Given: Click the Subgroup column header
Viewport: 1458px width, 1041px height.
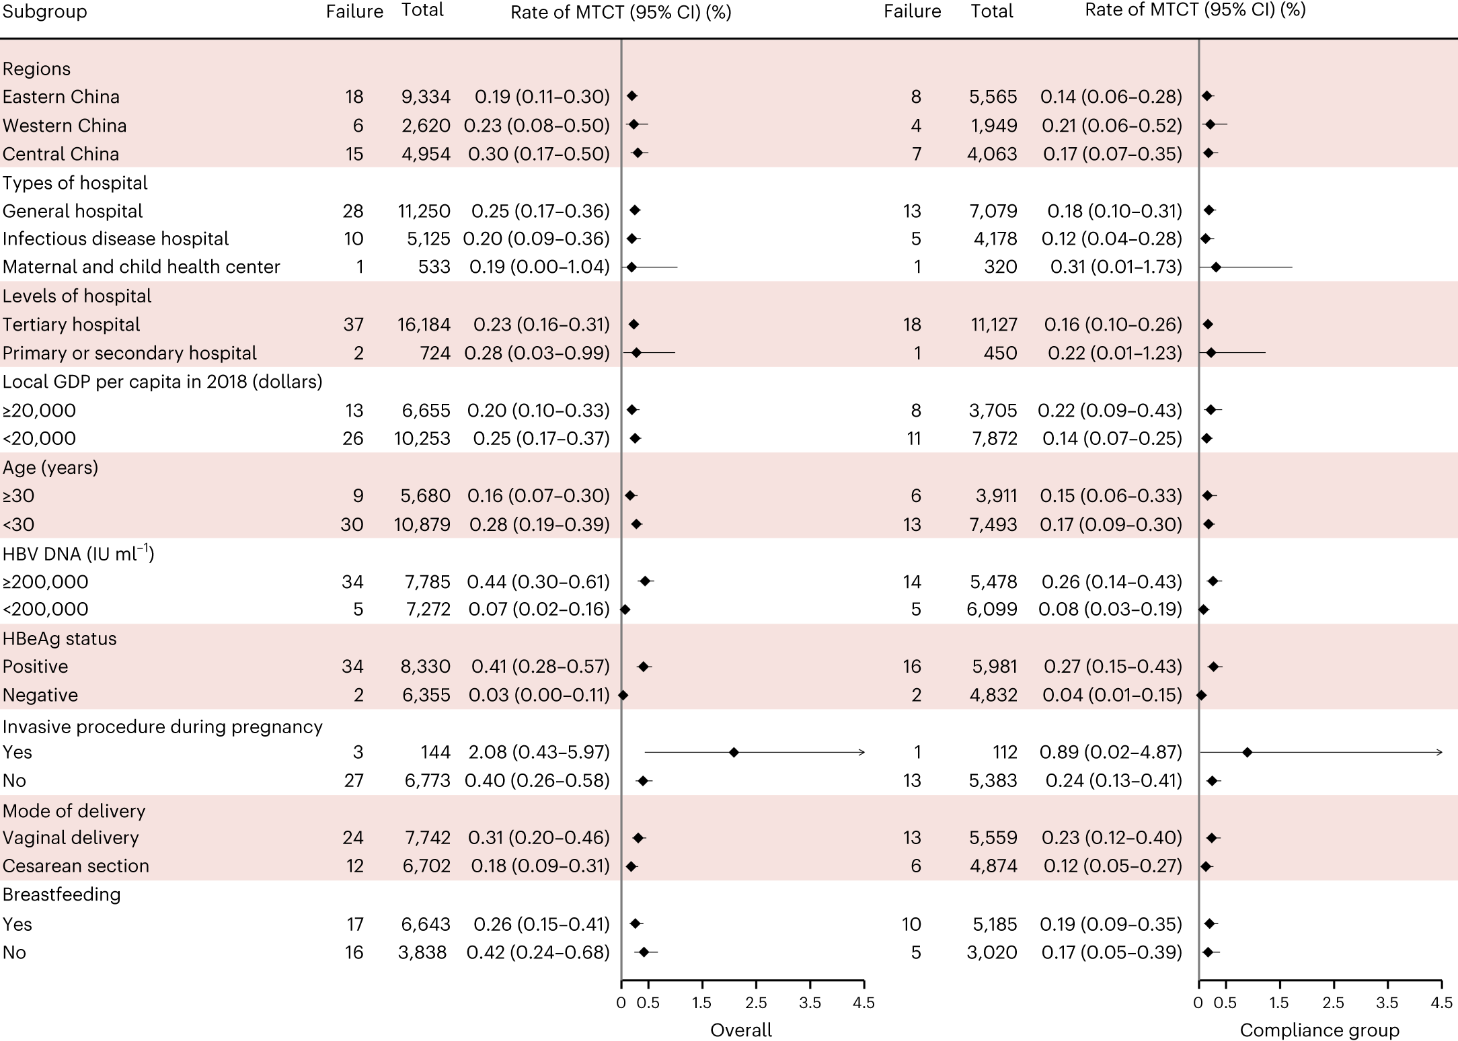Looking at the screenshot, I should tap(44, 12).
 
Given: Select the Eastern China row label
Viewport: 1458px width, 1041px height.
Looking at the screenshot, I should tap(61, 97).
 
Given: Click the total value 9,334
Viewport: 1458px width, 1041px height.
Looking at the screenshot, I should tap(426, 97).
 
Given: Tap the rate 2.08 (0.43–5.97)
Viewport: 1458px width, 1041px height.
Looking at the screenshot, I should tap(537, 752).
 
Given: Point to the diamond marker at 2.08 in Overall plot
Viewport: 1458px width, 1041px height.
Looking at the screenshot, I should tap(734, 752).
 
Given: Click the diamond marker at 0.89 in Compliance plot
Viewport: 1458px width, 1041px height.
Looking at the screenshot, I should tap(1247, 752).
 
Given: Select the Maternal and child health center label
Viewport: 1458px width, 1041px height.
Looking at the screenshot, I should tap(141, 267).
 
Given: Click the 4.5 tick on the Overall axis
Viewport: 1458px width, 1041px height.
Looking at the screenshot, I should tap(864, 1003).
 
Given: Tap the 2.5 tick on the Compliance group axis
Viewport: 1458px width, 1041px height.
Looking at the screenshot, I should tap(1333, 1003).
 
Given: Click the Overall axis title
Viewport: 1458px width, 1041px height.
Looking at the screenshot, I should tap(741, 1030).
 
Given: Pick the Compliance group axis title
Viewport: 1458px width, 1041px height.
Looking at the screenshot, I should tap(1319, 1030).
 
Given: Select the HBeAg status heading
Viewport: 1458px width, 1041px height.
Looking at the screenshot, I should tap(59, 638).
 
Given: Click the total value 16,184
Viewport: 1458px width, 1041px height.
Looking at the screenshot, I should tap(422, 325).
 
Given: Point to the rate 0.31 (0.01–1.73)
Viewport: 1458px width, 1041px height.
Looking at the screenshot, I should tap(1116, 267).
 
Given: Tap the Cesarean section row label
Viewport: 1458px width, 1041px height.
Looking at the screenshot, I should tap(75, 866).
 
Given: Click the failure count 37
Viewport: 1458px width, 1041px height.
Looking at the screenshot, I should tap(353, 325).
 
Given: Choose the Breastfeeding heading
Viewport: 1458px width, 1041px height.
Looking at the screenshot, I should tap(61, 894).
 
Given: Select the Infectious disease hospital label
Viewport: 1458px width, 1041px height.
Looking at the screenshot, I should tap(116, 239).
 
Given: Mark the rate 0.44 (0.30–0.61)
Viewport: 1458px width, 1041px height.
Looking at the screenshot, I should tap(538, 581).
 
